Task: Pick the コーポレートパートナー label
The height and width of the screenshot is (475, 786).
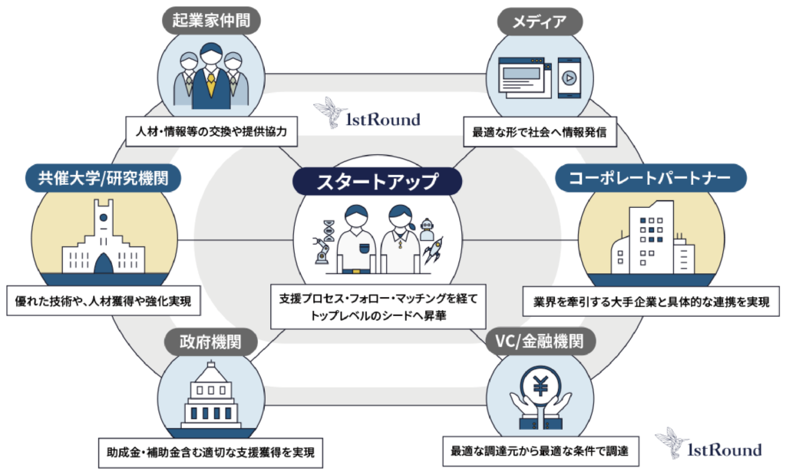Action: pos(650,179)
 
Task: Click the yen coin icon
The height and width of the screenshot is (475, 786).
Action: pos(540,387)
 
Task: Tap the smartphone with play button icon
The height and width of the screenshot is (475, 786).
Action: pos(569,77)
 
